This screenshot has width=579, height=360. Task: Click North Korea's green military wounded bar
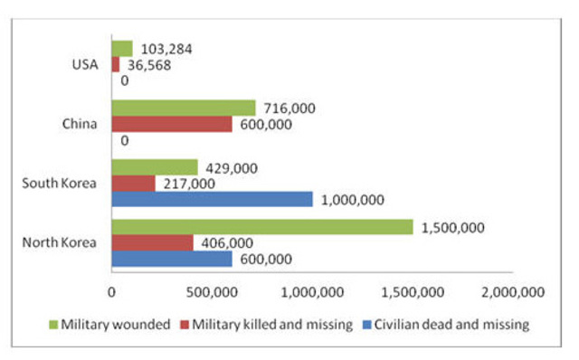(x=261, y=227)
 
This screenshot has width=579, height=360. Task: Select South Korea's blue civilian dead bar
(x=212, y=198)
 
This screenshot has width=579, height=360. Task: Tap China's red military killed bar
(x=172, y=124)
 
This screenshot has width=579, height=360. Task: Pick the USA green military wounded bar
(x=122, y=49)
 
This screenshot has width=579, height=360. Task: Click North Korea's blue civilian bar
(x=172, y=259)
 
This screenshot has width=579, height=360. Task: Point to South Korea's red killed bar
(x=133, y=183)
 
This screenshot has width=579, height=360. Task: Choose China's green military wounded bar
(x=184, y=109)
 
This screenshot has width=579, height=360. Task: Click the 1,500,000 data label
(x=454, y=227)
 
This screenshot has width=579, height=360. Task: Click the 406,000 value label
(x=226, y=242)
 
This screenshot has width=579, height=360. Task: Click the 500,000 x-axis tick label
(x=212, y=291)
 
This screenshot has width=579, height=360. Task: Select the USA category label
(x=87, y=64)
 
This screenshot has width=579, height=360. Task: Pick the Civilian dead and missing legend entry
(x=444, y=323)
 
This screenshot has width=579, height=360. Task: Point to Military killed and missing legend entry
(x=270, y=323)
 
